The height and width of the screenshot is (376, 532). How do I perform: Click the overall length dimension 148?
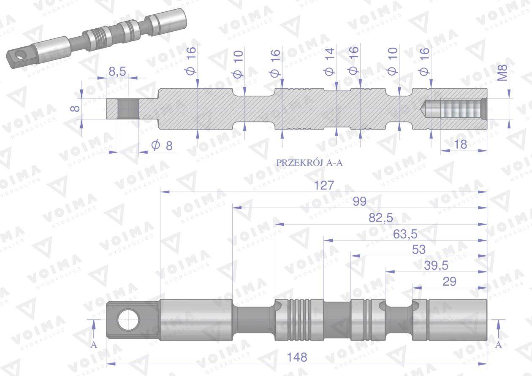298,357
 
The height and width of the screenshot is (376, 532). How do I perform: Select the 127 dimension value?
324,186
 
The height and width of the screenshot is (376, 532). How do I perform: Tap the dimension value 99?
359,202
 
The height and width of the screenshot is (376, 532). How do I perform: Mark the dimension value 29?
449,281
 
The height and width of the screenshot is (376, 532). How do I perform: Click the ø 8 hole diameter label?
162,146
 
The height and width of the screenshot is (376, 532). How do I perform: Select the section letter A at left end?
94,344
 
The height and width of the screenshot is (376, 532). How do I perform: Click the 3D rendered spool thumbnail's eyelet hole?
18,55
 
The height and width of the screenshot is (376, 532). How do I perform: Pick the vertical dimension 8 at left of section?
75,108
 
